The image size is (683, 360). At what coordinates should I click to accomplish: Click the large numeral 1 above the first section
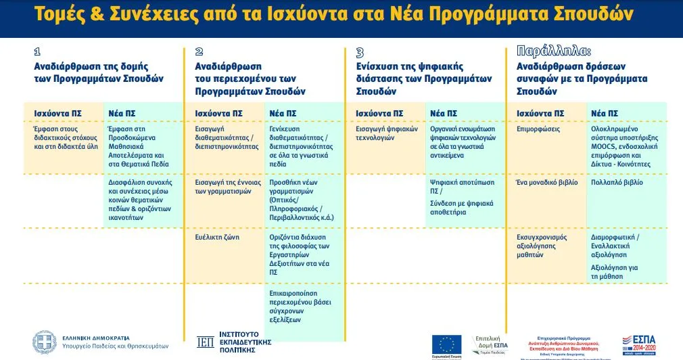(x=37, y=52)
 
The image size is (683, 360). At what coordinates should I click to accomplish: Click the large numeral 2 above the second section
(x=199, y=52)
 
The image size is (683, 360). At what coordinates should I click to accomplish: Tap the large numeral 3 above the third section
(x=360, y=52)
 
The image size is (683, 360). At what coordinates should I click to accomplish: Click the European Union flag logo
(x=446, y=343)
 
